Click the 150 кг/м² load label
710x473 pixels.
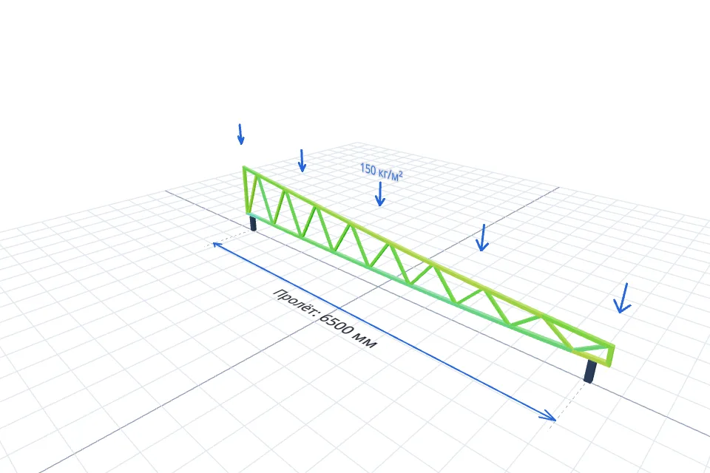coord(382,172)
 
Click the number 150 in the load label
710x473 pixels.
coord(368,169)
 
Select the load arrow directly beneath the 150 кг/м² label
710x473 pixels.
coord(380,194)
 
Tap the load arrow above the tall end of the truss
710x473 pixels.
coord(240,134)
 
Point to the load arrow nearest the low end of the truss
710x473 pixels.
coord(623,299)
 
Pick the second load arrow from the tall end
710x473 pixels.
coord(302,160)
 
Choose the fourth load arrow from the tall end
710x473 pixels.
coord(482,238)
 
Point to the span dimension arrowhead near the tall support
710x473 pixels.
coord(217,246)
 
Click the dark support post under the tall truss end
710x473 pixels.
coord(253,223)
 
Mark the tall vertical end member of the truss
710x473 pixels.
coord(246,190)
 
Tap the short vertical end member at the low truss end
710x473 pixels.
coord(612,355)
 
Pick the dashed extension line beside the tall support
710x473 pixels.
coord(232,238)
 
